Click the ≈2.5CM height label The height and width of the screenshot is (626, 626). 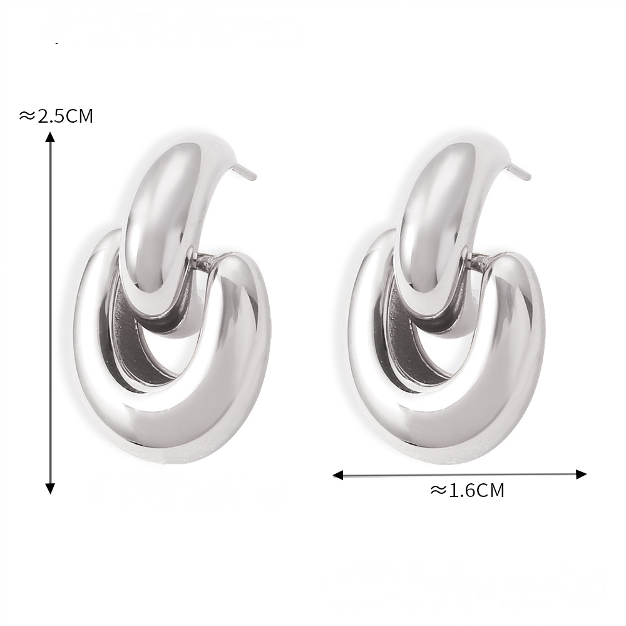click(56, 116)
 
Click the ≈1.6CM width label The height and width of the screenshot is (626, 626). click(467, 490)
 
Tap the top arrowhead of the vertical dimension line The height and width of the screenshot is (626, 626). click(50, 137)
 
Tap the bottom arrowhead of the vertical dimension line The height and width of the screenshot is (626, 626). click(50, 488)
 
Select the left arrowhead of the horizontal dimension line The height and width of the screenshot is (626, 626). click(338, 475)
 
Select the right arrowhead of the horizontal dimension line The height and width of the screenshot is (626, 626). click(582, 475)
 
